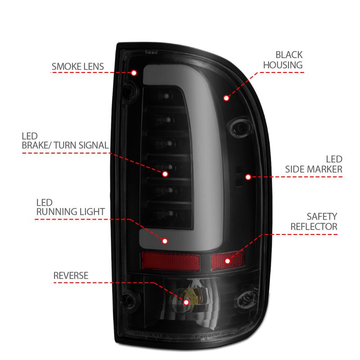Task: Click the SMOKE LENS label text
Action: (x=77, y=67)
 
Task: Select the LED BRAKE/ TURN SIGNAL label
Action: (x=65, y=140)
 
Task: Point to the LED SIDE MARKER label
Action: (x=314, y=164)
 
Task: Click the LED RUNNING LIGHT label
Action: (x=71, y=207)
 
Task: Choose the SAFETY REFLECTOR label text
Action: (x=314, y=221)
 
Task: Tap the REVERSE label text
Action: (x=71, y=275)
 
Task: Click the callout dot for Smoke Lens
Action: (x=134, y=72)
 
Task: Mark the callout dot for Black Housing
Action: (x=226, y=97)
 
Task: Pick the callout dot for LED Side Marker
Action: (x=247, y=177)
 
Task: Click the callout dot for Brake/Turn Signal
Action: (x=165, y=173)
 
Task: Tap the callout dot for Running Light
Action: (x=165, y=241)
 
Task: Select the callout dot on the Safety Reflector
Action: (x=227, y=261)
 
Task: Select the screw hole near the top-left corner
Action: (x=128, y=90)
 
